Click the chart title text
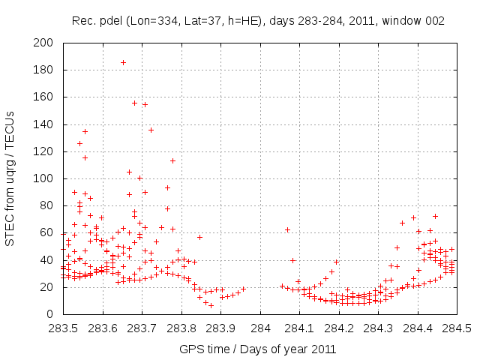[258, 20]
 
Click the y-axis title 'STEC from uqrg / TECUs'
[10, 178]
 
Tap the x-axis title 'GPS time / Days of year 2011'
[257, 349]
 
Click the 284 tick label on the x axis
[261, 328]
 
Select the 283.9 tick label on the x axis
[221, 328]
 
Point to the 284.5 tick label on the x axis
[458, 328]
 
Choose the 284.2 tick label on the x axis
[340, 328]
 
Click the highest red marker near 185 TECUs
[123, 62]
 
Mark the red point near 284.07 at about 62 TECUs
[287, 229]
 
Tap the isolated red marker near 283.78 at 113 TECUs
[172, 160]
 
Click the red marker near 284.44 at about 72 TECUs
[435, 216]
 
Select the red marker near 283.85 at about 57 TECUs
[199, 237]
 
